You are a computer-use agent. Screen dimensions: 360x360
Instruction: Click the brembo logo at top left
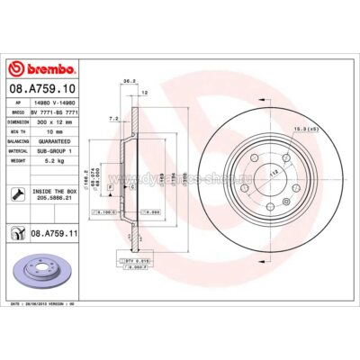point(43,70)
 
